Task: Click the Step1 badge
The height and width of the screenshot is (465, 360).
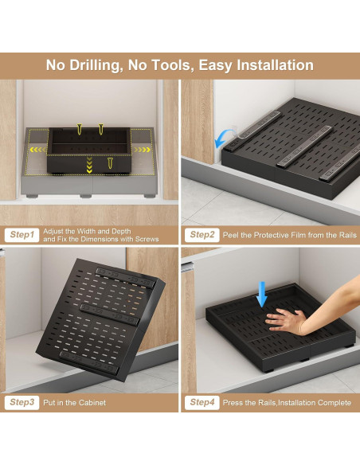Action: point(22,235)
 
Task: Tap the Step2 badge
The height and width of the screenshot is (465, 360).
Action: point(201,235)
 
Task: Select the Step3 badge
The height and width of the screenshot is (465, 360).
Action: point(22,403)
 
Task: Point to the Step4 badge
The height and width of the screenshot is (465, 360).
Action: point(201,403)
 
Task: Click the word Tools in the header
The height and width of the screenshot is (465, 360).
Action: point(177,65)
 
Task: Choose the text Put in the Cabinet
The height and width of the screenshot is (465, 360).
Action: point(75,403)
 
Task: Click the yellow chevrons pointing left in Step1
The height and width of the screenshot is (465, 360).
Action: point(37,150)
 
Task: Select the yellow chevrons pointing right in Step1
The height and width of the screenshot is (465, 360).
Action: point(142,149)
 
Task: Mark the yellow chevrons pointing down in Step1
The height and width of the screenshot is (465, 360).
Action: point(88,163)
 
